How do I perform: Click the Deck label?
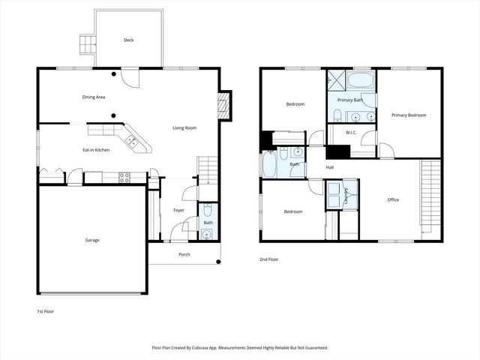(x=128, y=40)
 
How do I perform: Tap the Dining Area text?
(x=94, y=97)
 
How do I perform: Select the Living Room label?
(x=184, y=128)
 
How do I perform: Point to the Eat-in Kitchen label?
(x=96, y=150)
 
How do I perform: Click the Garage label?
(x=92, y=240)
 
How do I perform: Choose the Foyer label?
(x=178, y=210)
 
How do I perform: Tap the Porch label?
(x=184, y=254)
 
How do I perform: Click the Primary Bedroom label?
(x=409, y=115)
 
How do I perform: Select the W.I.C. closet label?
(x=350, y=133)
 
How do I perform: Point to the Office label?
(x=393, y=199)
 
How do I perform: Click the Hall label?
(x=329, y=167)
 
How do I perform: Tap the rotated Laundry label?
(x=346, y=194)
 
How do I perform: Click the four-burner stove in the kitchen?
(x=124, y=178)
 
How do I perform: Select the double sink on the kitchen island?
(x=130, y=139)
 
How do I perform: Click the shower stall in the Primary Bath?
(x=334, y=79)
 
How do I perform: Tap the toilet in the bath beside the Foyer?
(x=207, y=221)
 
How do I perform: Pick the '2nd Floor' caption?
(x=269, y=259)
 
